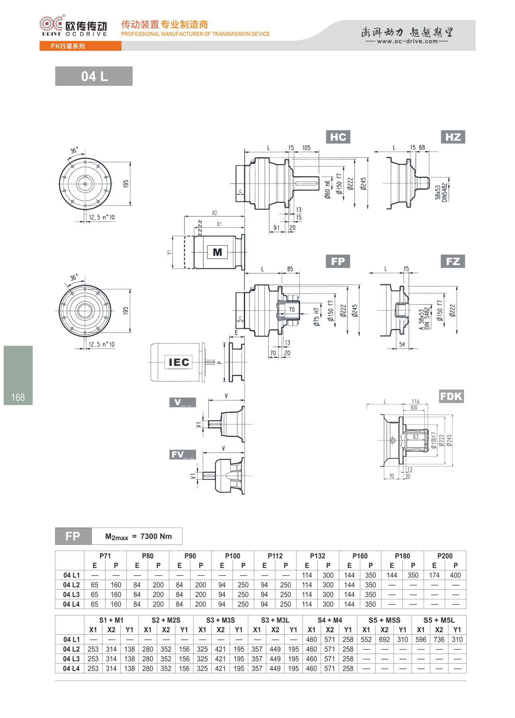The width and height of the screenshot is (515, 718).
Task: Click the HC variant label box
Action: pos(338,137)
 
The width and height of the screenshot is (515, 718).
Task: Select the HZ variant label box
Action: pos(453,137)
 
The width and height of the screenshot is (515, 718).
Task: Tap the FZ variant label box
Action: pos(453,261)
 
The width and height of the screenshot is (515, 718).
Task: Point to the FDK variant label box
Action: pos(451,396)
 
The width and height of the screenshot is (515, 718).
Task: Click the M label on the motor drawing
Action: pos(217,252)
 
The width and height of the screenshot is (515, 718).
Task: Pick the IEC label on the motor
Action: pos(179,362)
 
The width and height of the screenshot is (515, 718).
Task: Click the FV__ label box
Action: pos(183,454)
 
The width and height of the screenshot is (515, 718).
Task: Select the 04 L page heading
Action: pos(94,76)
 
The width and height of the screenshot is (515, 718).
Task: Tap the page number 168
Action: pos(18,398)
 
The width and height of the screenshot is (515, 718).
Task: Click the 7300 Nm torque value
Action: pos(156,536)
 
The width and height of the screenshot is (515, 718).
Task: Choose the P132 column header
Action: pos(317,556)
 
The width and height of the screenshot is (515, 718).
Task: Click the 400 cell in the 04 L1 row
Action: pos(455,575)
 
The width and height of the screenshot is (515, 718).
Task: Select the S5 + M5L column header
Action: pos(439,620)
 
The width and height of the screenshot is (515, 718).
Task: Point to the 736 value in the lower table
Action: pos(439,640)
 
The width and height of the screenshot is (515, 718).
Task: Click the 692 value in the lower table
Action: pos(384,640)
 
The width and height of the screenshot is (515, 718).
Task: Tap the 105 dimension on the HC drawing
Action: pos(306,148)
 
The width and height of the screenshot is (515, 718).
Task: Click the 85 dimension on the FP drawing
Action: pos(290,269)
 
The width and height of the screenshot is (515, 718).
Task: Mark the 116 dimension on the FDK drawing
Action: pos(415,401)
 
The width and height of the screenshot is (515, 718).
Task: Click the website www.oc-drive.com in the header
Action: pos(407,41)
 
